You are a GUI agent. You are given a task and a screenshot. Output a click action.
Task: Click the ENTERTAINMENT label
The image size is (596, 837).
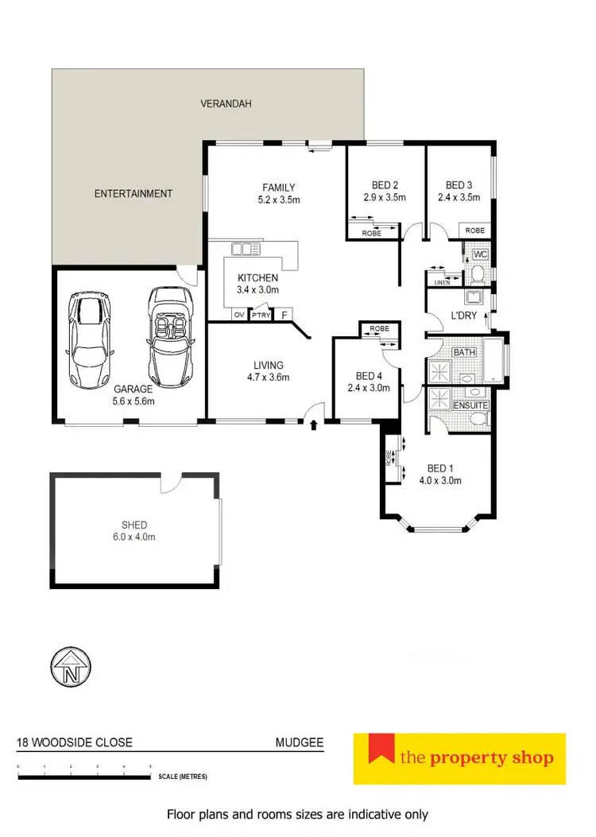[134, 193]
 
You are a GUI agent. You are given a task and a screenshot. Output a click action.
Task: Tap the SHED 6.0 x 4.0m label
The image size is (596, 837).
[134, 531]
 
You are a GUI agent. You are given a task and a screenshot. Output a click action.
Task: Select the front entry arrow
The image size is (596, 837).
[314, 425]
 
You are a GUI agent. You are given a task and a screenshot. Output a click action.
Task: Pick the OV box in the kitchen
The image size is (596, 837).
[239, 315]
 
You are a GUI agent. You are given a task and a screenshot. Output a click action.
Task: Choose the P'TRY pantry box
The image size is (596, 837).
[260, 315]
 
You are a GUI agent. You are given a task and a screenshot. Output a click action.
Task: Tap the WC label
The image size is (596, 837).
[480, 254]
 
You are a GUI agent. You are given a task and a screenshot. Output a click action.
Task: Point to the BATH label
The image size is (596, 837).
[463, 351]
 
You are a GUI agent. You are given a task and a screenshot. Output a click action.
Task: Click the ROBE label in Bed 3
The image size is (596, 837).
[475, 231]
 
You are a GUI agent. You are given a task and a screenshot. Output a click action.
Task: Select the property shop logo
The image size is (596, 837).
[459, 758]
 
